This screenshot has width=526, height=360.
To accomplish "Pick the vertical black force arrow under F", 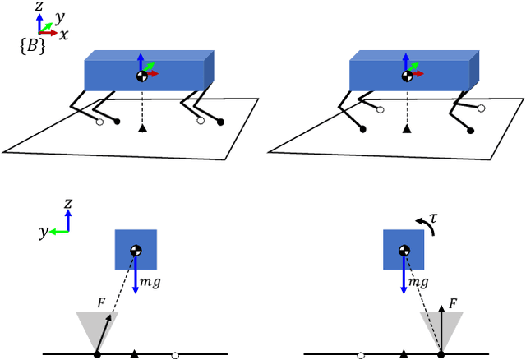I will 441,329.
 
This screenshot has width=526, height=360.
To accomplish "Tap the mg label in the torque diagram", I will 419,282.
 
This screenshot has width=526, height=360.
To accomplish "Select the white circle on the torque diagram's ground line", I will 361,356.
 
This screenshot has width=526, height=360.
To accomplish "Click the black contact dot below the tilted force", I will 97,355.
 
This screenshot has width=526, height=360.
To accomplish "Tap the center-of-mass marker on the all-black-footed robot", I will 406,76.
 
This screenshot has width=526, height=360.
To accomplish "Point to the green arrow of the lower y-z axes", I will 58,232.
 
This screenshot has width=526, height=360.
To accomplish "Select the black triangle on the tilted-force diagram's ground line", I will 134,354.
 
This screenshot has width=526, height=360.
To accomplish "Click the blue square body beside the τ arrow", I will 404,250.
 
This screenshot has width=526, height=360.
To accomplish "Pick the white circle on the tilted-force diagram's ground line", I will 175,356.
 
